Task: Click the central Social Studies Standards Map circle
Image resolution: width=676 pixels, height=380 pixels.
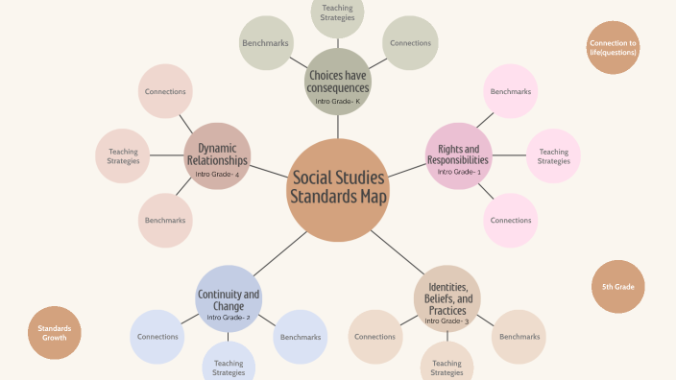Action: click(x=338, y=189)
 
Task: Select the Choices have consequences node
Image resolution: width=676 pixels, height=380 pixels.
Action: click(x=337, y=81)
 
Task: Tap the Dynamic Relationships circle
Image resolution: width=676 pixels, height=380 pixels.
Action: click(x=217, y=155)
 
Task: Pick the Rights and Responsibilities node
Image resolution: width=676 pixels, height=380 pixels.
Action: click(x=458, y=155)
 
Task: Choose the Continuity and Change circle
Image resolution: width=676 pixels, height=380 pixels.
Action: click(x=229, y=298)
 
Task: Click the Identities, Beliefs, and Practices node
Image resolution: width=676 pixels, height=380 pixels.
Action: click(x=447, y=298)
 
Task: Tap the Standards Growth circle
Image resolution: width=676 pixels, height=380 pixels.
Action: click(x=54, y=333)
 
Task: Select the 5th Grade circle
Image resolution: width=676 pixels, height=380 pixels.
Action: click(x=617, y=287)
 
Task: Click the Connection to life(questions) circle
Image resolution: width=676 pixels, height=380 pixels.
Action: click(x=613, y=48)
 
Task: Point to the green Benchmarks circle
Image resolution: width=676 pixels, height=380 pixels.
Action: click(x=265, y=43)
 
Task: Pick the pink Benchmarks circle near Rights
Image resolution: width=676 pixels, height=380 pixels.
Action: click(x=509, y=92)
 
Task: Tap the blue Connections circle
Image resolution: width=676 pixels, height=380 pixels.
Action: click(x=157, y=337)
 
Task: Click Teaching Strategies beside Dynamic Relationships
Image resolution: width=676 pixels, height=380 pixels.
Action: click(x=123, y=155)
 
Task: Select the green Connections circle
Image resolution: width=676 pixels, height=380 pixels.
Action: click(x=410, y=43)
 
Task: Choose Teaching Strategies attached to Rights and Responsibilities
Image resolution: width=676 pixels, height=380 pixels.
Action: click(x=553, y=155)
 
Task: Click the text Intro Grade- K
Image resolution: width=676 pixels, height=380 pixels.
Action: click(x=337, y=101)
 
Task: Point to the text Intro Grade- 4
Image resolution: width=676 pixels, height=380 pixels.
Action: click(x=217, y=174)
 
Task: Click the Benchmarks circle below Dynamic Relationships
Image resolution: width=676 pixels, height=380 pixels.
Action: click(x=165, y=220)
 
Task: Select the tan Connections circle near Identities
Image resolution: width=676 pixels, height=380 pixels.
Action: click(x=375, y=337)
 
